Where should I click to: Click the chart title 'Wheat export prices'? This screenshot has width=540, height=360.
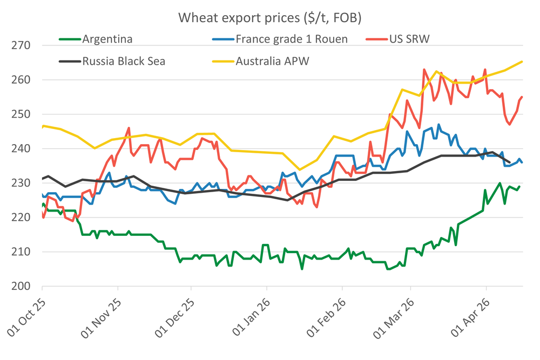pos(269,18)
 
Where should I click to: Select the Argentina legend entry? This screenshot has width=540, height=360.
pos(107,39)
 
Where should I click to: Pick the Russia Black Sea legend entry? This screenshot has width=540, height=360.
pos(124,61)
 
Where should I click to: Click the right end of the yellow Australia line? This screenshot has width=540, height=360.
pos(522,62)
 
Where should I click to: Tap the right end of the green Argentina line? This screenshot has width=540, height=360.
pos(519,187)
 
